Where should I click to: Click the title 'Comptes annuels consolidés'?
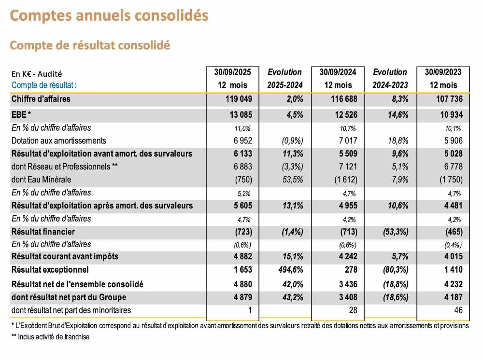coord(109,15)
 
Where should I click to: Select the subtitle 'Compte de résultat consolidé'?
coord(90,45)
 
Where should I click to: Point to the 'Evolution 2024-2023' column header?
coord(390,78)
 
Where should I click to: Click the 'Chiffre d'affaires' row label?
coord(41,99)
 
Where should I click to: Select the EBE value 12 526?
coord(341,115)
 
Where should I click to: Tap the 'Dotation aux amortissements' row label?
coord(58,141)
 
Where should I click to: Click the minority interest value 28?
coord(353,310)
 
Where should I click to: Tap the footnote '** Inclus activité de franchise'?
coord(50,337)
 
